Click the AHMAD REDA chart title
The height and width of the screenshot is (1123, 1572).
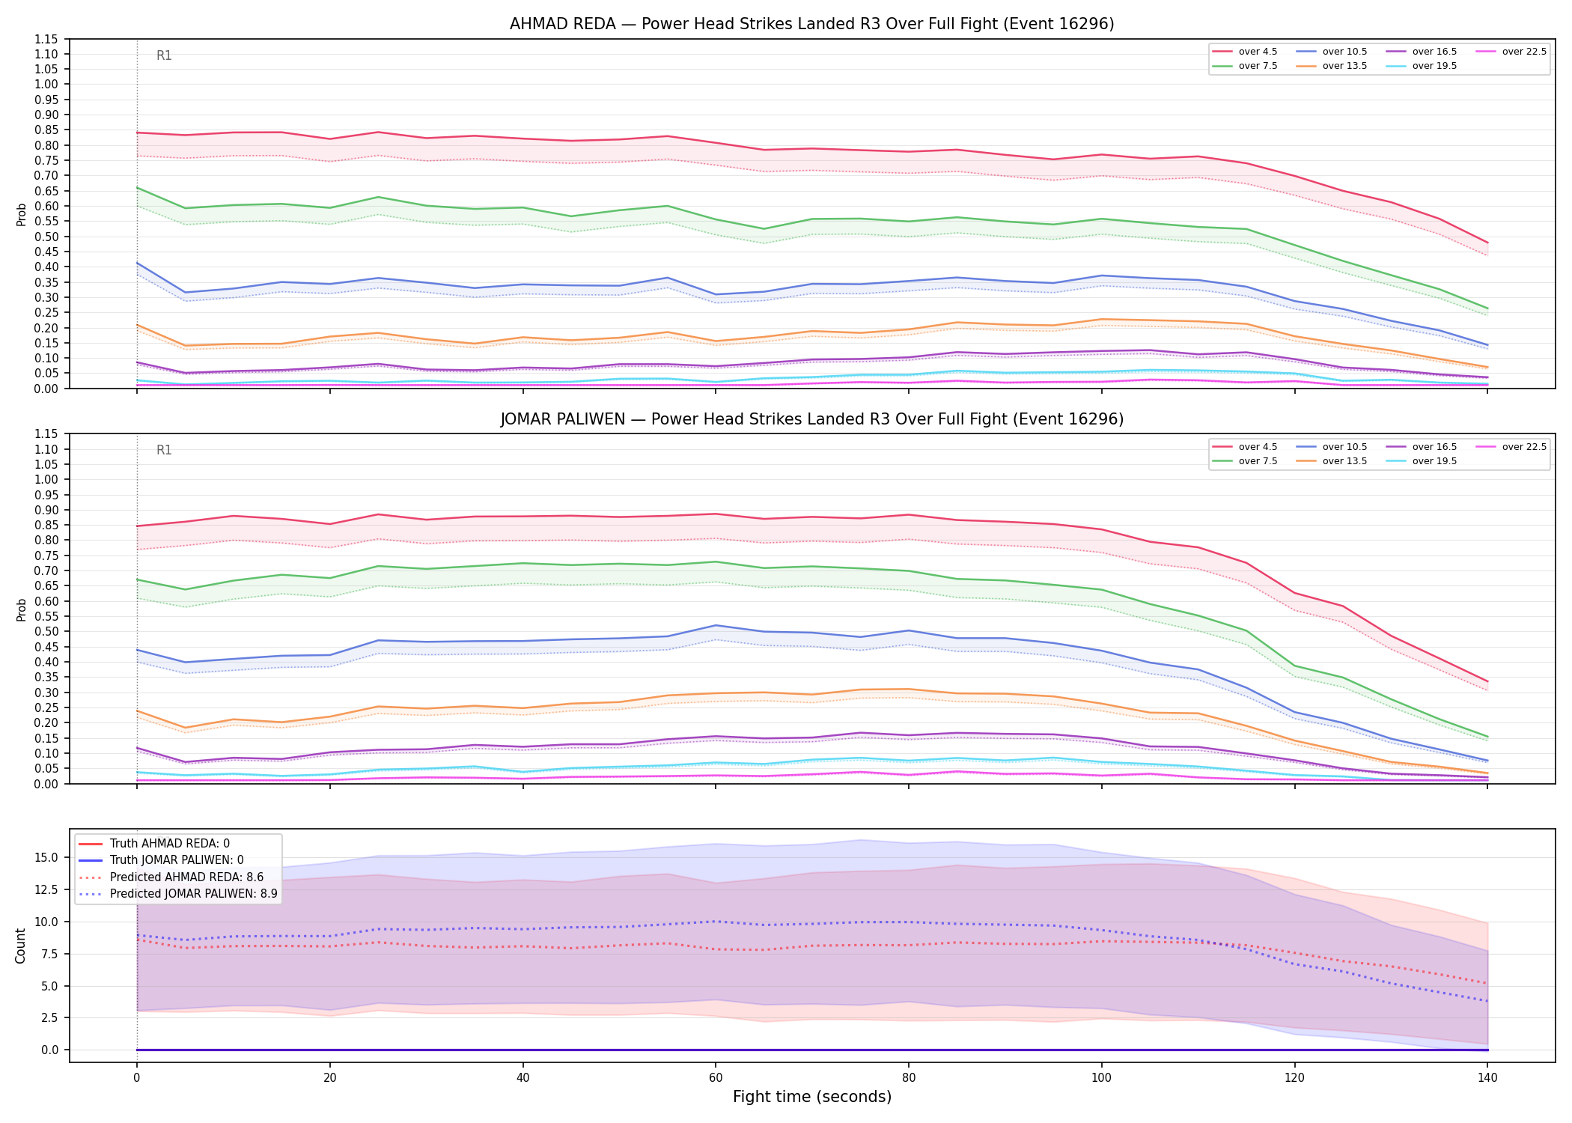[811, 24]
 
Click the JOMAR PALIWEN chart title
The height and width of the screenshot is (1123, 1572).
[811, 419]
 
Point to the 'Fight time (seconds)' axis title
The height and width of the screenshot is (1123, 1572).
[812, 1097]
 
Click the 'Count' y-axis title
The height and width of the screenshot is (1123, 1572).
[20, 946]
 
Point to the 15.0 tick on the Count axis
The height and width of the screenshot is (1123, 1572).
[49, 857]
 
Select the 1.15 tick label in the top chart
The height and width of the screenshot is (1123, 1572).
[47, 39]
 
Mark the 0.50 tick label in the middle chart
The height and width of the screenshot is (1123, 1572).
[47, 631]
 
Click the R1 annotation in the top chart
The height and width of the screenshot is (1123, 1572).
[164, 55]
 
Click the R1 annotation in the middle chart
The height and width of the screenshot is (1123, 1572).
[164, 450]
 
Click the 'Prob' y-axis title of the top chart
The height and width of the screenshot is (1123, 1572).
[21, 214]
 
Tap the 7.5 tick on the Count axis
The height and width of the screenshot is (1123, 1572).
[52, 954]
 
